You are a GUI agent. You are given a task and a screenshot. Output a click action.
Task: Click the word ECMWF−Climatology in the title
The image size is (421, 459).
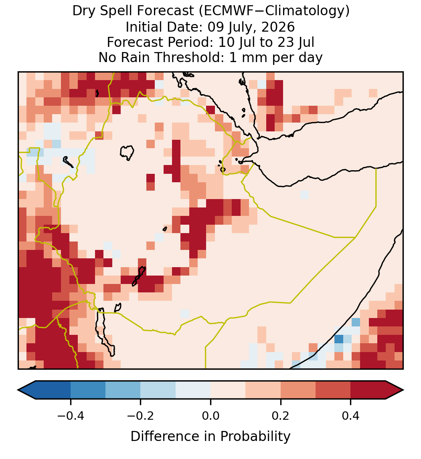[274, 11]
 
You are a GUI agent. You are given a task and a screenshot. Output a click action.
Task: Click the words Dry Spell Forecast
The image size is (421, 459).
[133, 11]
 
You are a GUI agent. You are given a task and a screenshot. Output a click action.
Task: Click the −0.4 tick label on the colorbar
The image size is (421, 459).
[71, 416]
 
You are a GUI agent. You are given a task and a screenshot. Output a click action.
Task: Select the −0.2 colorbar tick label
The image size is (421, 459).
[141, 416]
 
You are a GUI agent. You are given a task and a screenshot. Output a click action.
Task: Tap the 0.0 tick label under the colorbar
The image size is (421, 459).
[210, 416]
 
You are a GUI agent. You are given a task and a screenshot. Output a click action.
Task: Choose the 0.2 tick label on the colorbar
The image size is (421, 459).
[281, 416]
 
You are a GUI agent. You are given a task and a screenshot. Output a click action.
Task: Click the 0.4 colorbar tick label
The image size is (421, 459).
[351, 416]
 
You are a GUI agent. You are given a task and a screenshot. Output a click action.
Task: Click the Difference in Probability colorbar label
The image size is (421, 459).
[210, 437]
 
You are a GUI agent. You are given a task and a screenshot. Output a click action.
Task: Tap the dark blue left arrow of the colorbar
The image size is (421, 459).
[27, 390]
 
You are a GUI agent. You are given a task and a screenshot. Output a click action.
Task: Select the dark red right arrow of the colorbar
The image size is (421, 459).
[395, 390]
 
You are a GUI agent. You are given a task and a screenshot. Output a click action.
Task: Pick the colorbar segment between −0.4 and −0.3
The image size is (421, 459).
[88, 390]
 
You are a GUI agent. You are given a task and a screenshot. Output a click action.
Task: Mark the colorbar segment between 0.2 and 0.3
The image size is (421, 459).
[298, 390]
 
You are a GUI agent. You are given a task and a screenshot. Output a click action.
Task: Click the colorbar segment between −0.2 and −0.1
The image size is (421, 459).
[158, 390]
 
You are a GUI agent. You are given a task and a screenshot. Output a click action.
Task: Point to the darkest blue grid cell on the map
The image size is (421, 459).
[339, 339]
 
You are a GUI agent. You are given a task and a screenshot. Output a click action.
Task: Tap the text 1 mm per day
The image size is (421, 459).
[276, 57]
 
